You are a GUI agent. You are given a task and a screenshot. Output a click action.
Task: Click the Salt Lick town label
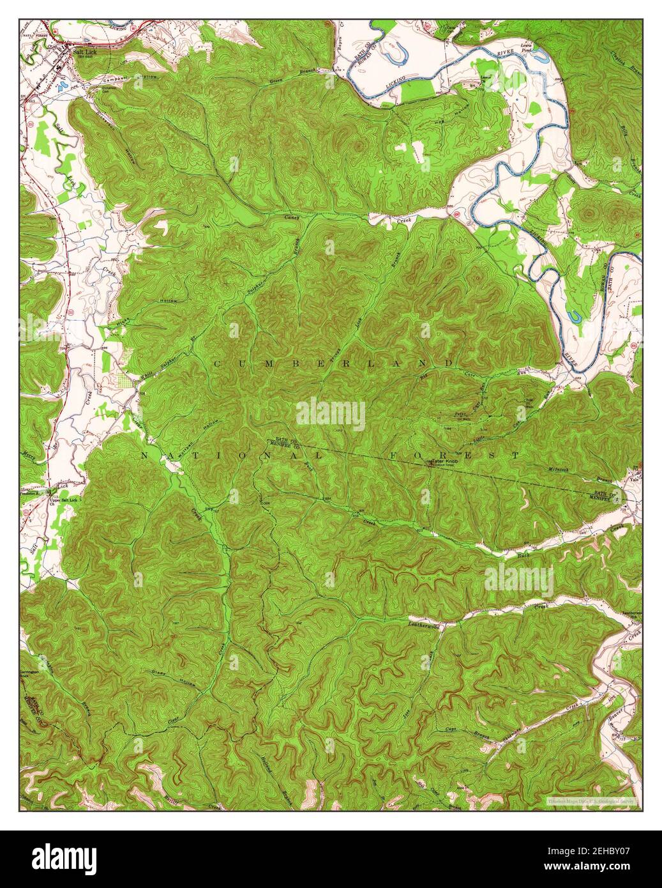(84, 52)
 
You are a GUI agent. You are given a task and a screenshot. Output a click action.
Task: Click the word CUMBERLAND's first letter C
(217, 364)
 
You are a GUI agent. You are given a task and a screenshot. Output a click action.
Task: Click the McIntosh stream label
(562, 470)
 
